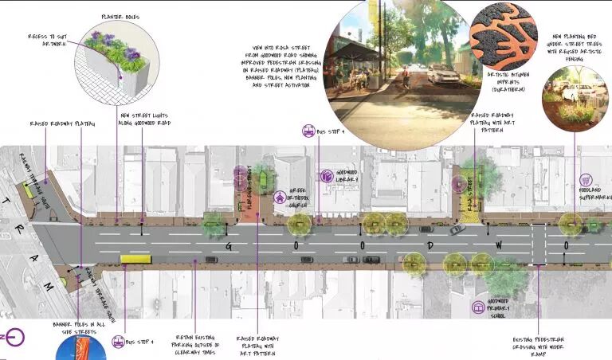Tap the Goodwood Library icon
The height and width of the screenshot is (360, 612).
[x=326, y=175]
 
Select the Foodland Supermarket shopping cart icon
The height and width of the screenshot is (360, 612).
[x=586, y=181]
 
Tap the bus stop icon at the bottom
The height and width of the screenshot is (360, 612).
[x=118, y=342]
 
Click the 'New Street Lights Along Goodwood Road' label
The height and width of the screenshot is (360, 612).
[x=149, y=119]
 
